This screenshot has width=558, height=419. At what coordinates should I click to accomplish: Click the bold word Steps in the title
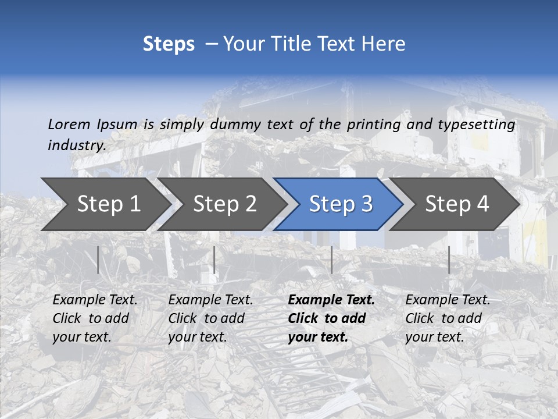click(169, 44)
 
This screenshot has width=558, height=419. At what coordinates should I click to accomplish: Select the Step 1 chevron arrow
click(105, 204)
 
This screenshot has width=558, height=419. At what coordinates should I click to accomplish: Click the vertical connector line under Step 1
click(98, 260)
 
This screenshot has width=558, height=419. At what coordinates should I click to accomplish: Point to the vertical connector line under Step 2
click(214, 260)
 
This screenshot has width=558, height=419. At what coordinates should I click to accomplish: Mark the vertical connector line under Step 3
click(331, 260)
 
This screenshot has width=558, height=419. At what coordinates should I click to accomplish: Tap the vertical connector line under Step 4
click(449, 260)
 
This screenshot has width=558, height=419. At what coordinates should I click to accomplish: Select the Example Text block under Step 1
click(95, 318)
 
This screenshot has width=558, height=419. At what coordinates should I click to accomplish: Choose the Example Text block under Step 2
click(210, 318)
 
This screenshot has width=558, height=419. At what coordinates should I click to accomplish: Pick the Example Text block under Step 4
click(448, 318)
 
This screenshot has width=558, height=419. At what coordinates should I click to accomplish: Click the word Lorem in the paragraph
click(69, 125)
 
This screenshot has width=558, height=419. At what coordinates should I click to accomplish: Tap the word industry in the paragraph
click(76, 145)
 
